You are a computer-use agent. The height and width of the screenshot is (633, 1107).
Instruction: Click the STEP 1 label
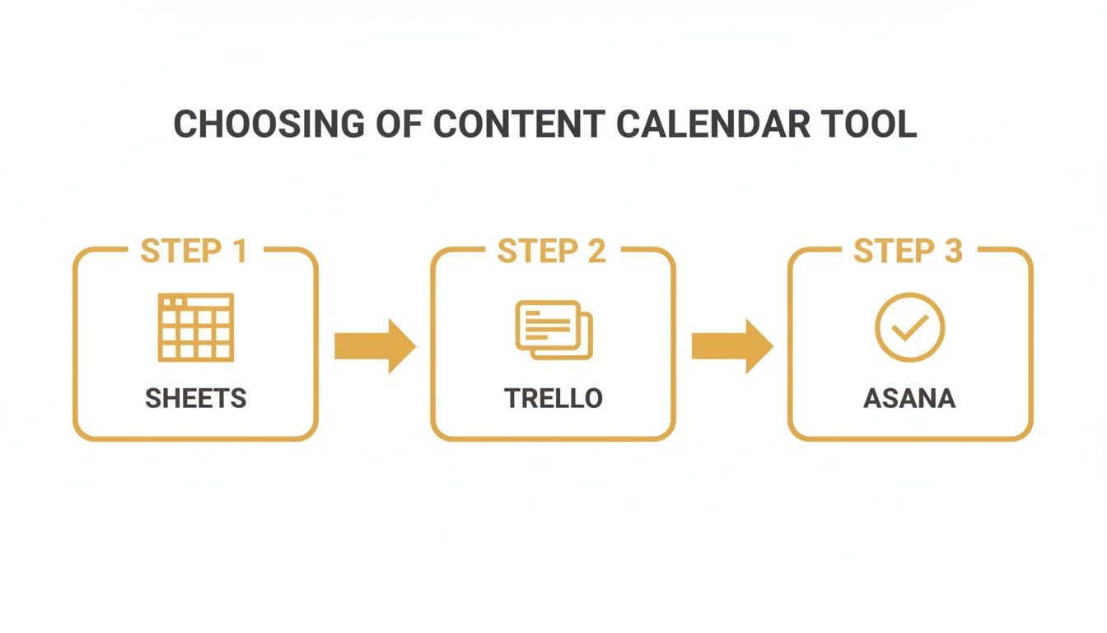(194, 251)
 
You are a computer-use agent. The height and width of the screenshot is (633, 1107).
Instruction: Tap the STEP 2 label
(552, 251)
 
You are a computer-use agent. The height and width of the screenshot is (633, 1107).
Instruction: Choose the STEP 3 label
(908, 251)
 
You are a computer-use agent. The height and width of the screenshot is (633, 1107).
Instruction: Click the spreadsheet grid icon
(195, 327)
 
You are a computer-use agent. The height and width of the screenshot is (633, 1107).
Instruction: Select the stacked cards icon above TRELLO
(553, 330)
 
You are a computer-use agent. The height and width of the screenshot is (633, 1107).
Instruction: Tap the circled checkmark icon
(909, 327)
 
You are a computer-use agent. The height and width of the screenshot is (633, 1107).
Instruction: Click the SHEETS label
(195, 399)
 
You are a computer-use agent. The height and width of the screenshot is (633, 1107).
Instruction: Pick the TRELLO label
(553, 399)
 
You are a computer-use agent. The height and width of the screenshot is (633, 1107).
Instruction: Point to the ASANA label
(909, 399)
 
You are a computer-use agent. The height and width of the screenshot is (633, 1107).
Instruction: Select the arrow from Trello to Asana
(731, 346)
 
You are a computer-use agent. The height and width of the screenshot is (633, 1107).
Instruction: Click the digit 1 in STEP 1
(240, 251)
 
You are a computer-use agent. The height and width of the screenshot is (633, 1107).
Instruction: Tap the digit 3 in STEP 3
(953, 251)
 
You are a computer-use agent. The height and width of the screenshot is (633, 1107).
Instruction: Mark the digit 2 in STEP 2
(596, 251)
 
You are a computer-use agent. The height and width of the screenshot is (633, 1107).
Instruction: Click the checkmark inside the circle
(910, 327)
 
